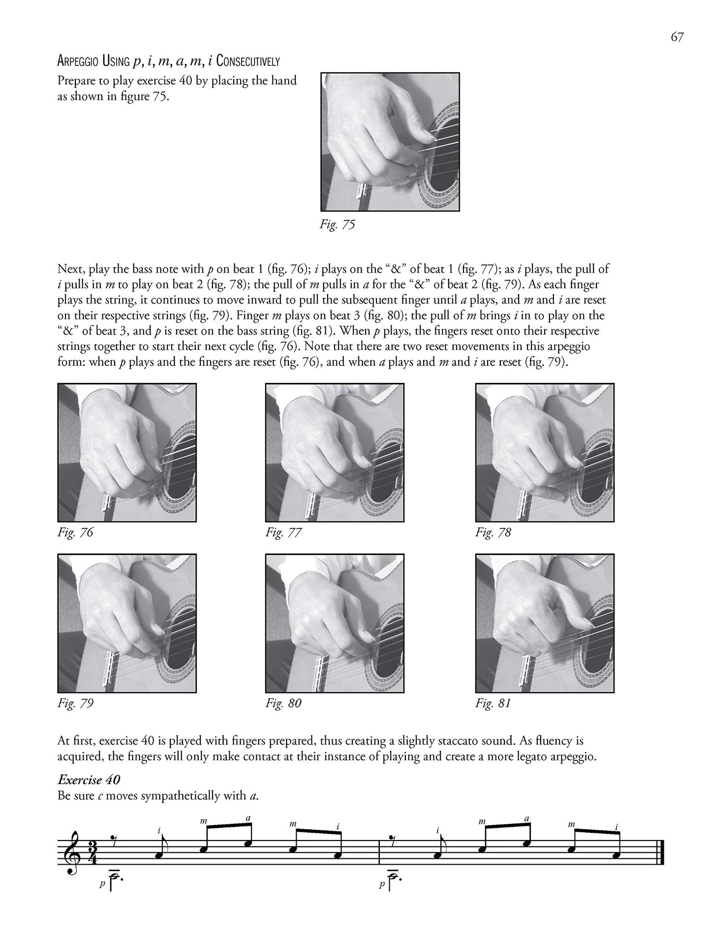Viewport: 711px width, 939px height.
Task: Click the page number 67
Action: [677, 37]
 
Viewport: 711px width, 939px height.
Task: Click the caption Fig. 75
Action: [337, 225]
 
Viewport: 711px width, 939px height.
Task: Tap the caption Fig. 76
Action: [75, 532]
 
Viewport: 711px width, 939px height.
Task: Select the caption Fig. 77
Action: [283, 532]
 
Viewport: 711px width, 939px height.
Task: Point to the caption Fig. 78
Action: [493, 532]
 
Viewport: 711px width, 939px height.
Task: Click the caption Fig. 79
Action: [75, 703]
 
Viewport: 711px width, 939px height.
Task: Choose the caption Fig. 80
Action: [283, 703]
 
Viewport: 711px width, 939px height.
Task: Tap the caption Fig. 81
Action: [493, 703]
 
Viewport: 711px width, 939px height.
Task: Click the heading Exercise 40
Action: [89, 780]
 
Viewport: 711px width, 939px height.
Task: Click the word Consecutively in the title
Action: [248, 62]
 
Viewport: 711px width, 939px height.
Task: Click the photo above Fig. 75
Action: [390, 142]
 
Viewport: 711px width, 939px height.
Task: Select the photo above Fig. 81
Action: [544, 623]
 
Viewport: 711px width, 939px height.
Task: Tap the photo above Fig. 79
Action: [127, 623]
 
